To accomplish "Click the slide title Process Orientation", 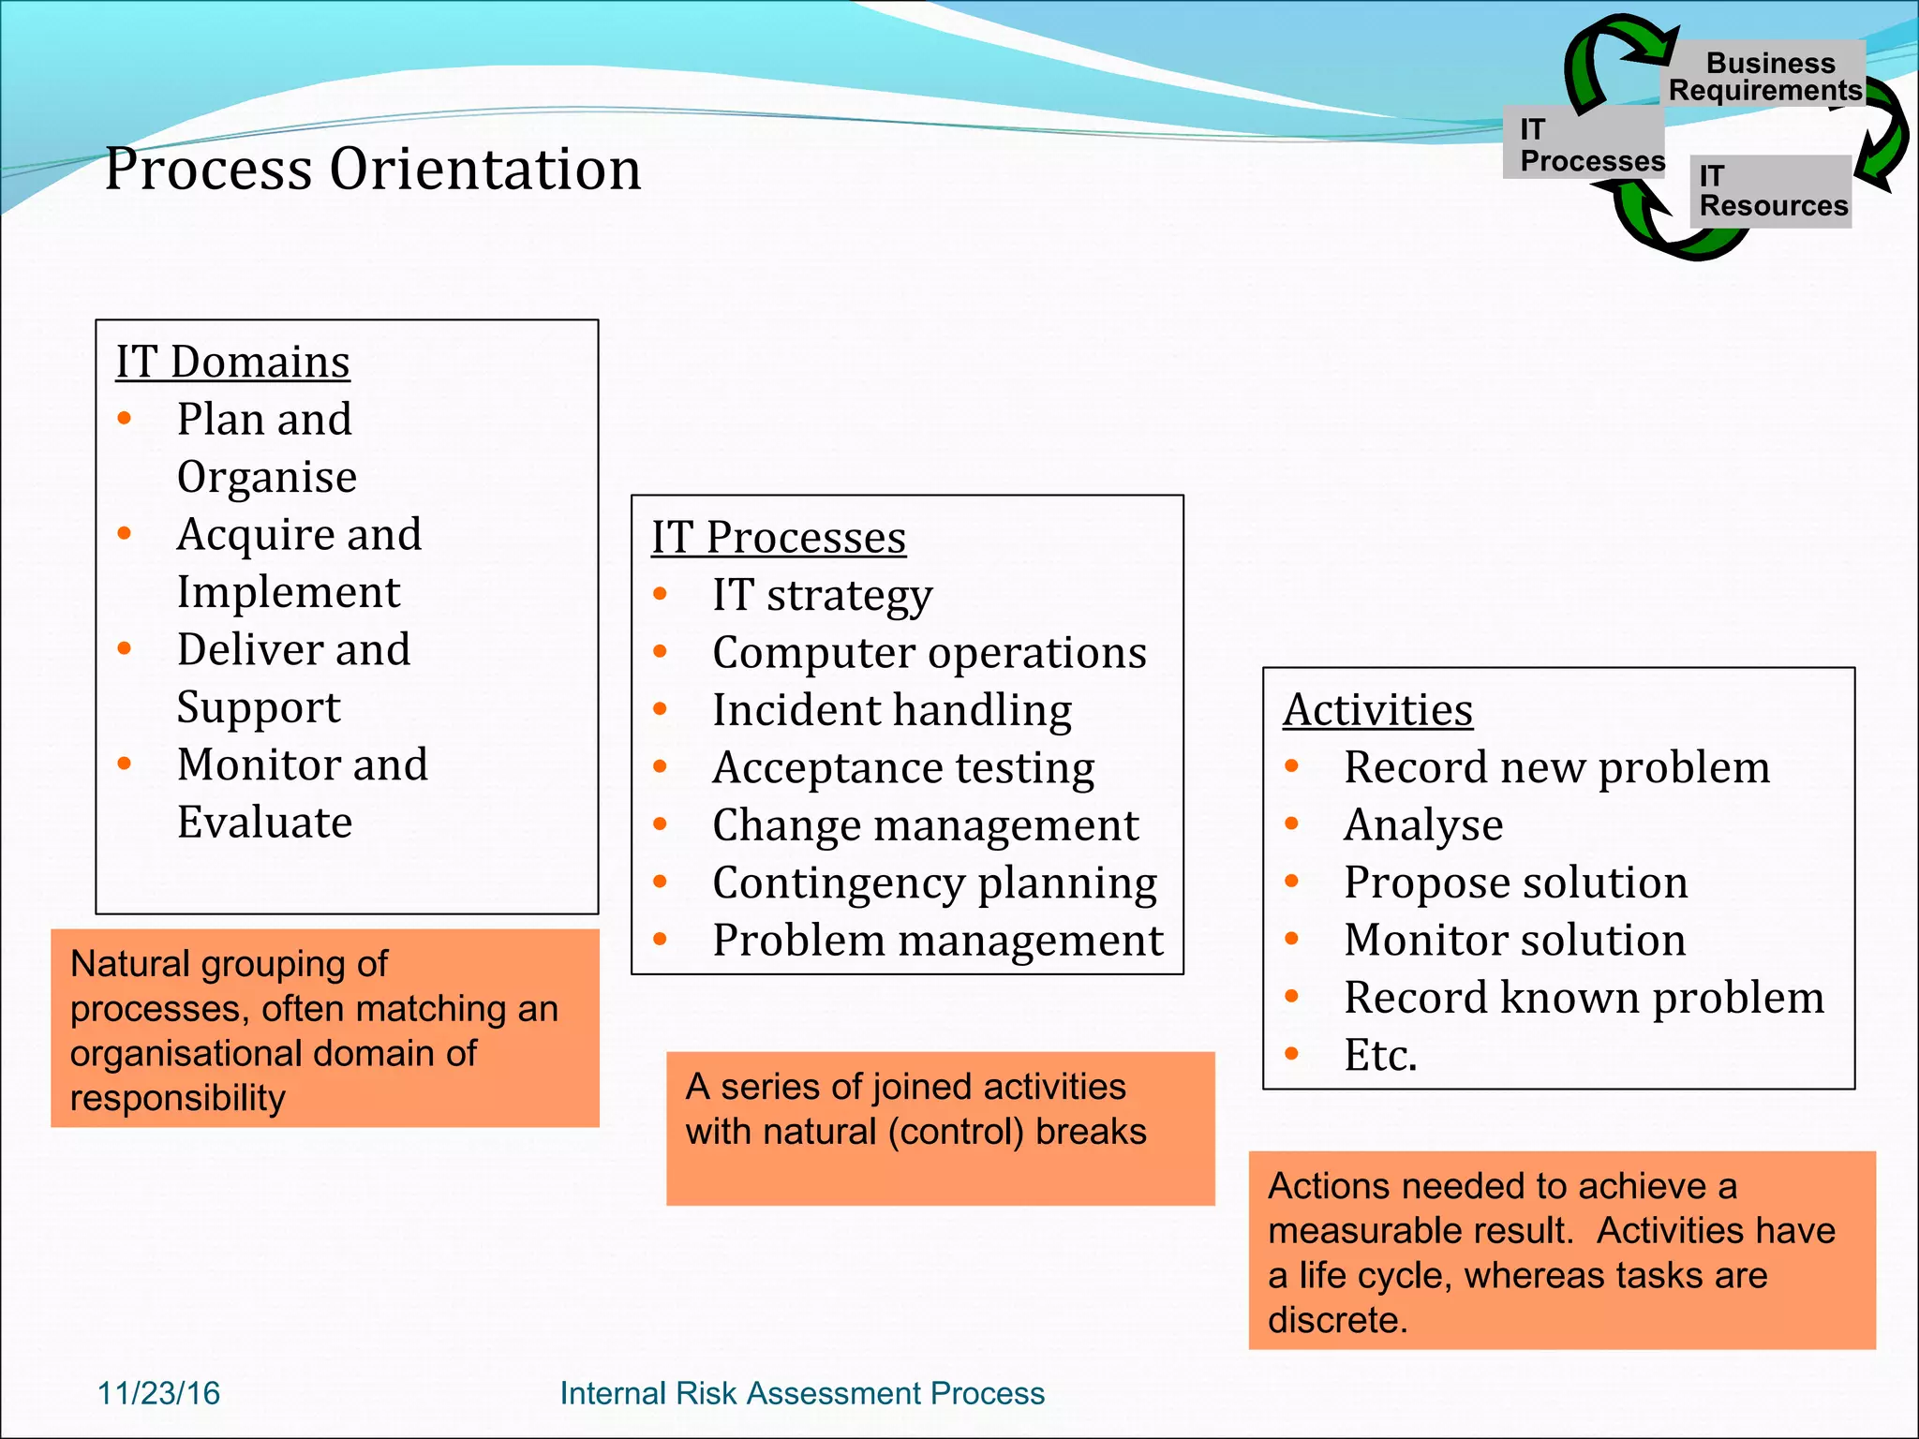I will pyautogui.click(x=373, y=170).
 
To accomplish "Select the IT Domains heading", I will pyautogui.click(x=232, y=363).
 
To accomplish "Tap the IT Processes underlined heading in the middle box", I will pyautogui.click(x=779, y=538).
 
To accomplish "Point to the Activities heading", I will pyautogui.click(x=1377, y=710).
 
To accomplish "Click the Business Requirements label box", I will pyautogui.click(x=1765, y=76).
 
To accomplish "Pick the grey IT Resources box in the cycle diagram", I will pyautogui.click(x=1771, y=191).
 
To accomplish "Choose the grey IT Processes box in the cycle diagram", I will pyautogui.click(x=1584, y=143).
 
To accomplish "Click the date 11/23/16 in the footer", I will pyautogui.click(x=158, y=1393).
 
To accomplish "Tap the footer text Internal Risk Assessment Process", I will pyautogui.click(x=802, y=1393).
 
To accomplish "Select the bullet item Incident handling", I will pyautogui.click(x=892, y=710).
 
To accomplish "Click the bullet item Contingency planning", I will pyautogui.click(x=934, y=883).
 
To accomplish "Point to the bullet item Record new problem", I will pyautogui.click(x=1556, y=768).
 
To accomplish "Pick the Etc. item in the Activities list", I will pyautogui.click(x=1380, y=1056).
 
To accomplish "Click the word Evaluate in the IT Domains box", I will pyautogui.click(x=265, y=823).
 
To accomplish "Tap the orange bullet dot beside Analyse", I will pyautogui.click(x=1292, y=824).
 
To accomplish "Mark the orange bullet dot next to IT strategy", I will pyautogui.click(x=661, y=594).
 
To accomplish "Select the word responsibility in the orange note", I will pyautogui.click(x=178, y=1098).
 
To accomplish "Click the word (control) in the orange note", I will pyautogui.click(x=956, y=1132).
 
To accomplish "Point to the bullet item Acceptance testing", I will pyautogui.click(x=903, y=768).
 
